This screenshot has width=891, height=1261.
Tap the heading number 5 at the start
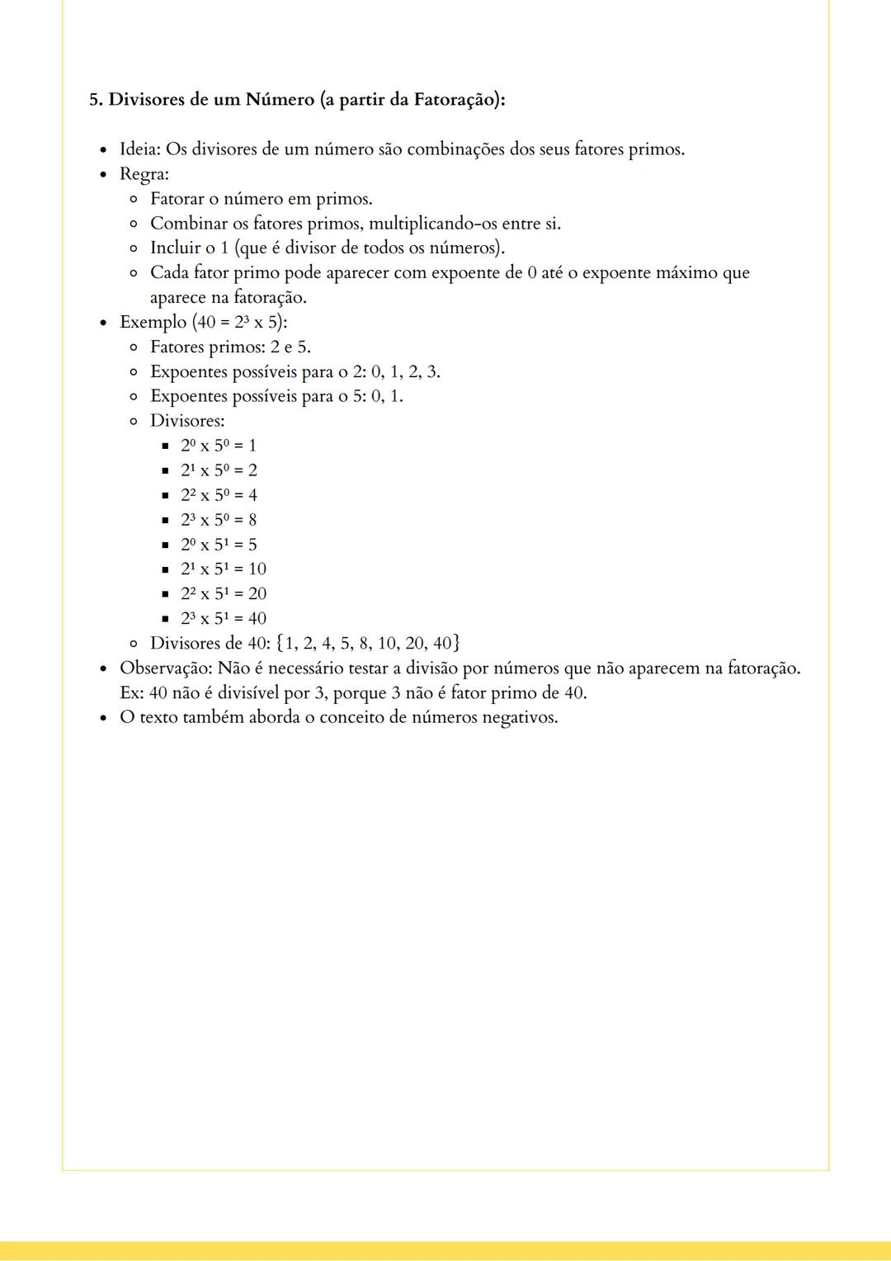[x=94, y=100]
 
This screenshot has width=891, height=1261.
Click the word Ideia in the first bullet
[x=139, y=149]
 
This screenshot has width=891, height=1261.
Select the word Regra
[x=143, y=174]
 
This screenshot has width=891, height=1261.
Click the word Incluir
[x=175, y=248]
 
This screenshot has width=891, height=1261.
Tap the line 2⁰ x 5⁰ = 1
[x=219, y=446]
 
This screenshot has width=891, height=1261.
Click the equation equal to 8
[x=219, y=520]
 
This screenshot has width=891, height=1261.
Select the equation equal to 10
[x=224, y=569]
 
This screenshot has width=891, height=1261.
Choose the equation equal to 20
[x=224, y=594]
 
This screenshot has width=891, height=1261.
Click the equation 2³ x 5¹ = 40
[x=224, y=619]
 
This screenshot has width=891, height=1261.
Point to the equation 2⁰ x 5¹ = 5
[x=219, y=545]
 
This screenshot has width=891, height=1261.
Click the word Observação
[x=166, y=668]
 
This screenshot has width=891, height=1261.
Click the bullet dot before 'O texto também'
[x=102, y=718]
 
